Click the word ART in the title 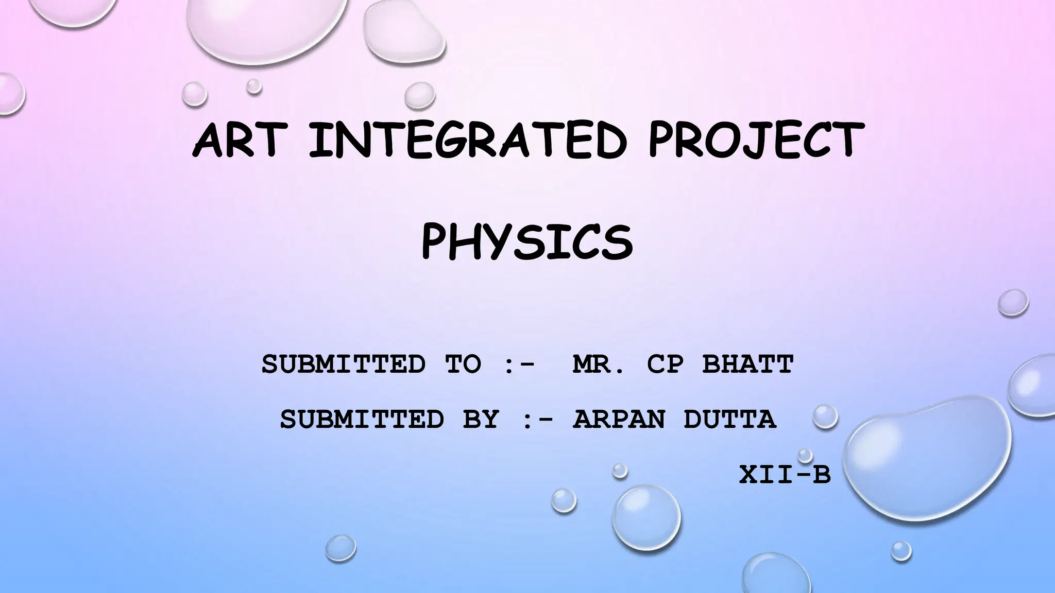(x=238, y=139)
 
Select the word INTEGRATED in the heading (x=467, y=139)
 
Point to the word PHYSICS (x=527, y=242)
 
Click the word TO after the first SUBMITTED (x=463, y=364)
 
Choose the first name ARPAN (x=619, y=419)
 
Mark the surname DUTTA (x=729, y=419)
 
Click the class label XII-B (x=785, y=475)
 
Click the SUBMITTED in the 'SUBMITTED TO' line (x=344, y=364)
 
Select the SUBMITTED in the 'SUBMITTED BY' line (x=362, y=419)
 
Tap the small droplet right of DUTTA (x=825, y=416)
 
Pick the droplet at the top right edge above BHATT (x=1013, y=303)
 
